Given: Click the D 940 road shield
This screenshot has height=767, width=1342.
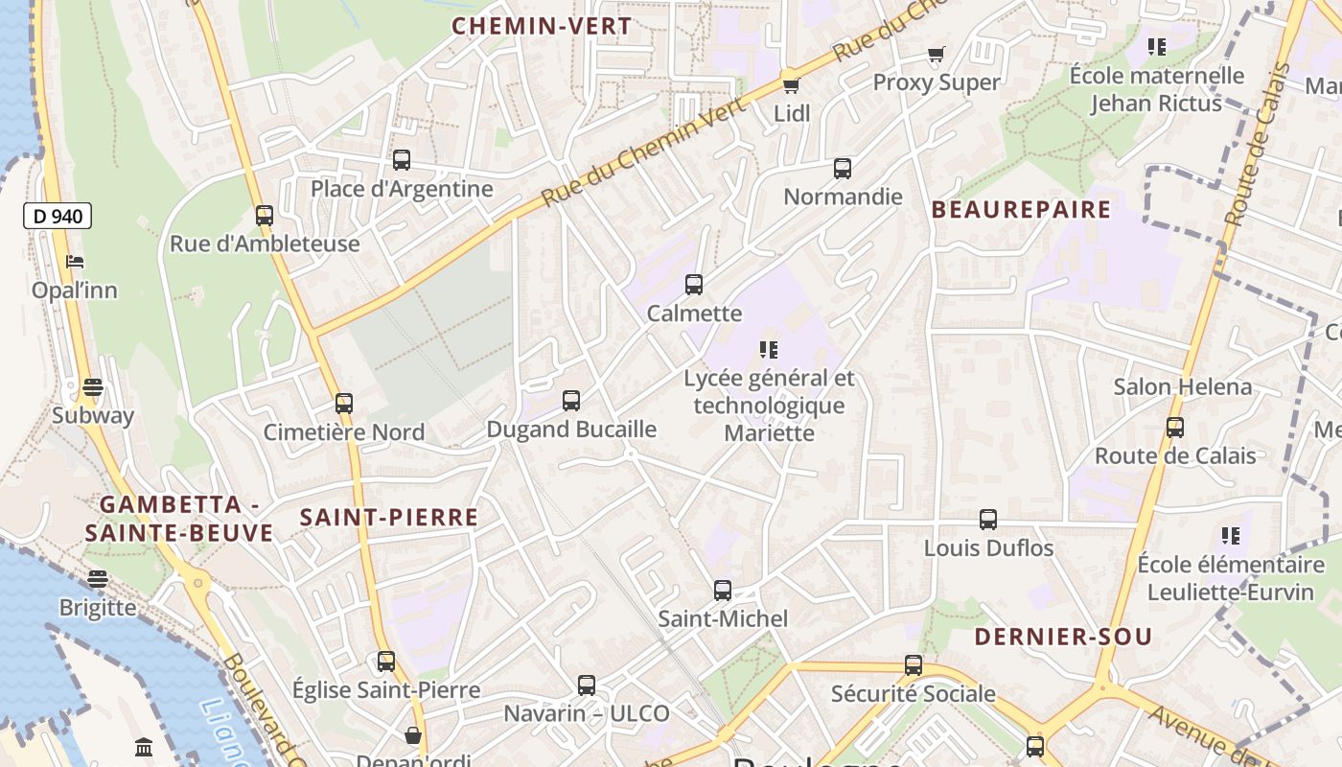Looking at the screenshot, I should point(58,216).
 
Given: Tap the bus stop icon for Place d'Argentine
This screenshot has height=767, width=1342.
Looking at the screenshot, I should point(402,160).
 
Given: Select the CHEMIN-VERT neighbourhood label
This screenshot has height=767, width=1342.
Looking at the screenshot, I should point(542,26).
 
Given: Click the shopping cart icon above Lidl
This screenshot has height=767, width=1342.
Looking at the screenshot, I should point(791,85).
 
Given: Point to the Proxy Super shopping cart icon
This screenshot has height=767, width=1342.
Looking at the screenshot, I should point(936,54).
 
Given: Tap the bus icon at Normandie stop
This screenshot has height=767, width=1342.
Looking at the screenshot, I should point(843,169).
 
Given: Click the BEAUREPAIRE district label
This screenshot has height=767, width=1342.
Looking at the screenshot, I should point(1021,209).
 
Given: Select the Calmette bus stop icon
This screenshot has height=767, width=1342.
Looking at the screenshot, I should point(694,285).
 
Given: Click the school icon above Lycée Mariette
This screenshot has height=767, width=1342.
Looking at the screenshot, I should point(768,350).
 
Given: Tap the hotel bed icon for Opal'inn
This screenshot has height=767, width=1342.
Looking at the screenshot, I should point(75,262).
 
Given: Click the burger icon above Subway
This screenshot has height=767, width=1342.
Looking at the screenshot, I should point(92,387).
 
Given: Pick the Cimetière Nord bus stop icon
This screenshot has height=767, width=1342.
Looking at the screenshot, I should point(344,404).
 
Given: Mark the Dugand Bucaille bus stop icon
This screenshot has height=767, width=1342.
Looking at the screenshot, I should point(571,401).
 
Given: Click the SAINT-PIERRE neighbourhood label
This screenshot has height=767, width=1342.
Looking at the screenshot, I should point(389,518).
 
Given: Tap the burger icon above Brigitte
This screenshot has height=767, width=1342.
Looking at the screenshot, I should point(97,579).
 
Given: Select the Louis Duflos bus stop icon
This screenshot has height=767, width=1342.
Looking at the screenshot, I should point(988,520).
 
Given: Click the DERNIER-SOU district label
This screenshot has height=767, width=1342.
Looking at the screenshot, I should point(1063,637).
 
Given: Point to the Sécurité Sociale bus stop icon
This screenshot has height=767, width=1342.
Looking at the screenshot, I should point(914,665).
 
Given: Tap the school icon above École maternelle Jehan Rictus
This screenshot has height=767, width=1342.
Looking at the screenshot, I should point(1156,46).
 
